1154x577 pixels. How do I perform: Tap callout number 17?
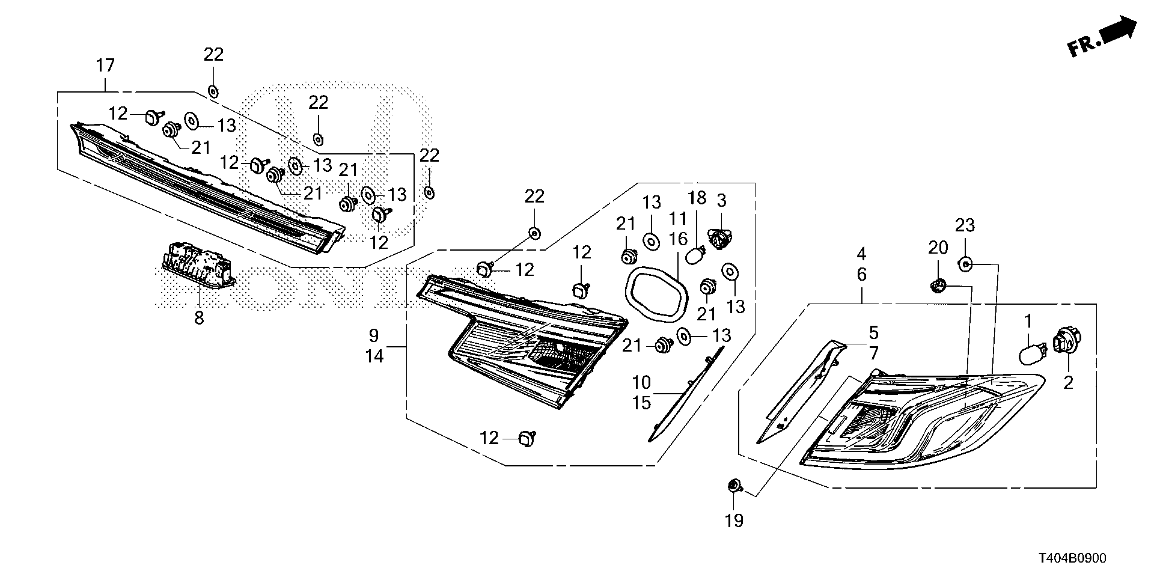tap(105, 65)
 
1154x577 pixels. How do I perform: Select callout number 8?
tap(199, 317)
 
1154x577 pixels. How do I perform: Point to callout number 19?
tap(734, 521)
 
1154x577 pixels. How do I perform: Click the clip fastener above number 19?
tap(734, 486)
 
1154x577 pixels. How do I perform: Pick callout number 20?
tap(938, 247)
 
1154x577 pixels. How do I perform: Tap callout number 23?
tap(965, 225)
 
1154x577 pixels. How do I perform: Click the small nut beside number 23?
tap(965, 264)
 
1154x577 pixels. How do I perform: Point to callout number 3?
tap(721, 200)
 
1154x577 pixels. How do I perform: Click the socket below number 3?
tap(719, 239)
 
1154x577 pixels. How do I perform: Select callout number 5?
tap(873, 332)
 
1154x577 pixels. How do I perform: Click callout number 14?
tap(374, 356)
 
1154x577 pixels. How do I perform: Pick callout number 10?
tap(641, 382)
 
